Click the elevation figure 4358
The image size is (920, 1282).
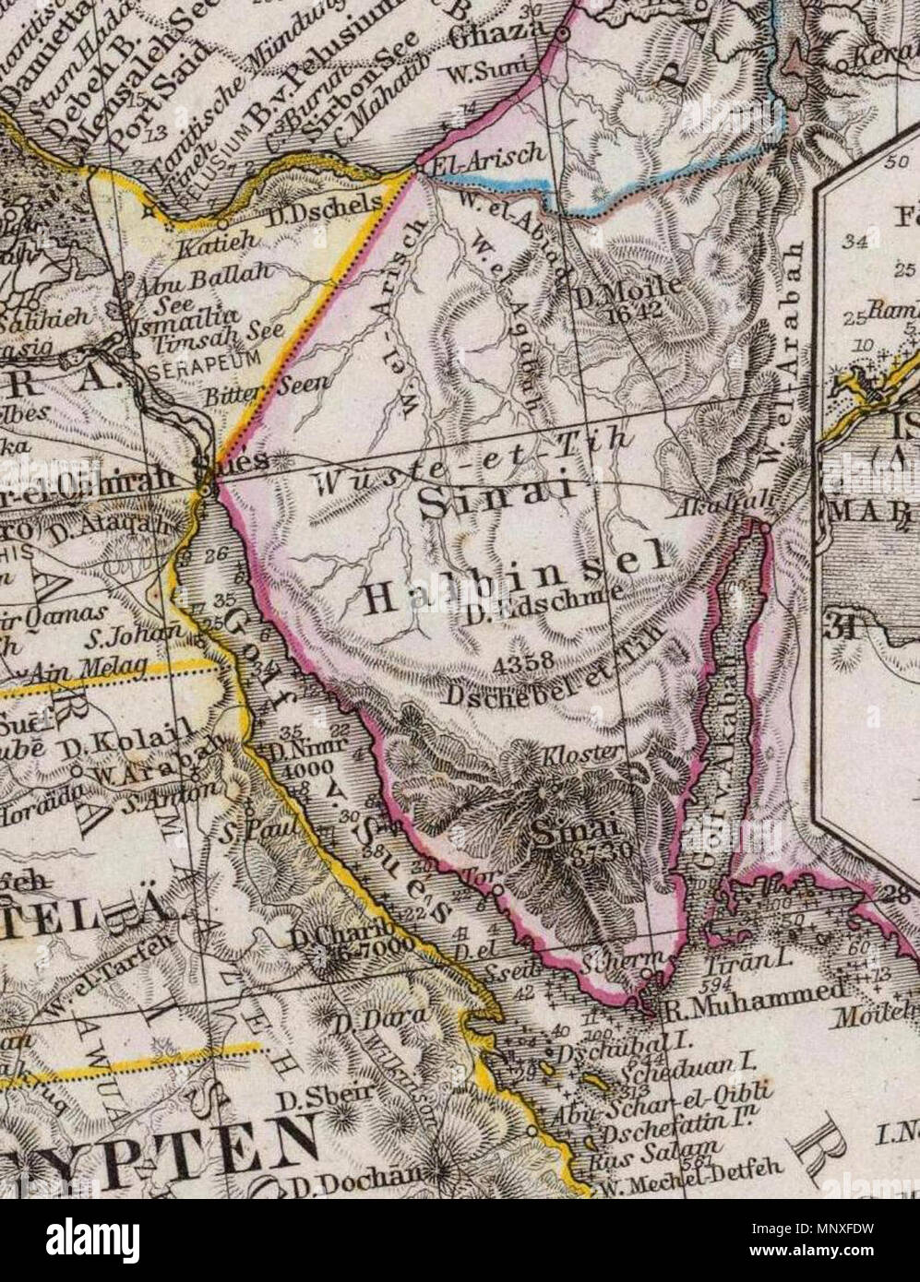(x=523, y=661)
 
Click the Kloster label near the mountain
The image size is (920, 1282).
(x=596, y=753)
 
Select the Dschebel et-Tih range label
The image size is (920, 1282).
(x=557, y=687)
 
